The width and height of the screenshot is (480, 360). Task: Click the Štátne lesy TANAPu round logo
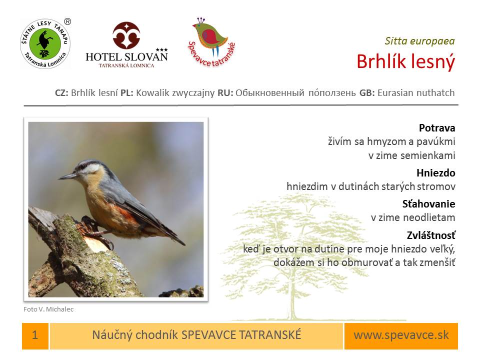pos(45,44)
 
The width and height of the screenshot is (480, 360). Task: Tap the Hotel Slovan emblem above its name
pos(126,35)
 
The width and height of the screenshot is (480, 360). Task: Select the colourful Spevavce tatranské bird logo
pos(211,42)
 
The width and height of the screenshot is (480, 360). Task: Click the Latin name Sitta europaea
pos(419,41)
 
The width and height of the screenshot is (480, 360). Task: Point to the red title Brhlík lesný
pos(406,61)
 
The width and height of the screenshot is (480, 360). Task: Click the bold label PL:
pos(126,93)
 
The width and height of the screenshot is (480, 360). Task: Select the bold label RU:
pos(225,93)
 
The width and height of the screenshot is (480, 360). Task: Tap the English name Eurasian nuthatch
pos(416,93)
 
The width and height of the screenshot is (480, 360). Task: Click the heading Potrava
pos(437,127)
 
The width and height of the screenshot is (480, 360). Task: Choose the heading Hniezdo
pos(436,173)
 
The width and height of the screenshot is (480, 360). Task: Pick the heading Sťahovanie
pos(428,204)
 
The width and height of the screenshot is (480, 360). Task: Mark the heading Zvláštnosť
pos(431,235)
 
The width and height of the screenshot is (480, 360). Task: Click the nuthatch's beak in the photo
pos(68,176)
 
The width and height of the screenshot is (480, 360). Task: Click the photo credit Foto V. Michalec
pos(48,309)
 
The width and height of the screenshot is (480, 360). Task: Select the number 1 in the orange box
pos(35,335)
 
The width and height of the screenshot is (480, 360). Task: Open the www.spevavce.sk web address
pos(401,335)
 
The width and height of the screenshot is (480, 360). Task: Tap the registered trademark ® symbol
pos(67,21)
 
